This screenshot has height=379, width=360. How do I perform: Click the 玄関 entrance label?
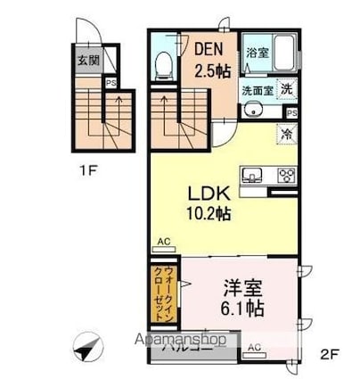pos(87,61)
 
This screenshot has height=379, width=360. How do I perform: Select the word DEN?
pos(209,51)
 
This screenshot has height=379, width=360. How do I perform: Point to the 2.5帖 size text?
pos(211,71)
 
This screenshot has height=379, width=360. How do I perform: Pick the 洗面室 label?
pos(257,90)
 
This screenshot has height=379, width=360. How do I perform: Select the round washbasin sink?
pos(253,111)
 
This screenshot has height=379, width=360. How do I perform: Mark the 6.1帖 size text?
pos(241,310)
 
